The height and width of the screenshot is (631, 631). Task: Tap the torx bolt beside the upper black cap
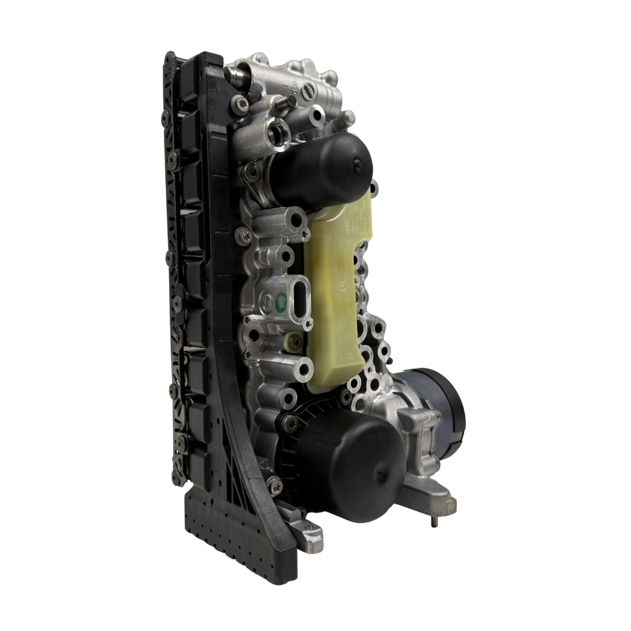[x=252, y=170]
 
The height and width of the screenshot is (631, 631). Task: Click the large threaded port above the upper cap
[x=278, y=132]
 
